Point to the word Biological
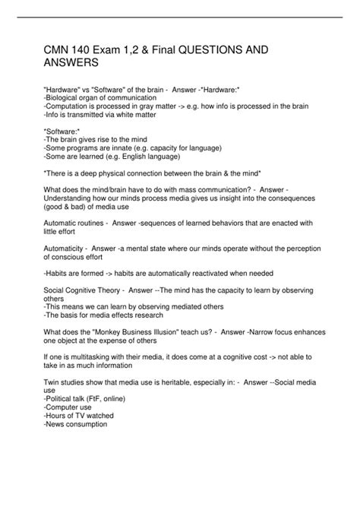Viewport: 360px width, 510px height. pyautogui.click(x=66, y=100)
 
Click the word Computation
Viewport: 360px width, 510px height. pyautogui.click(x=71, y=109)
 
